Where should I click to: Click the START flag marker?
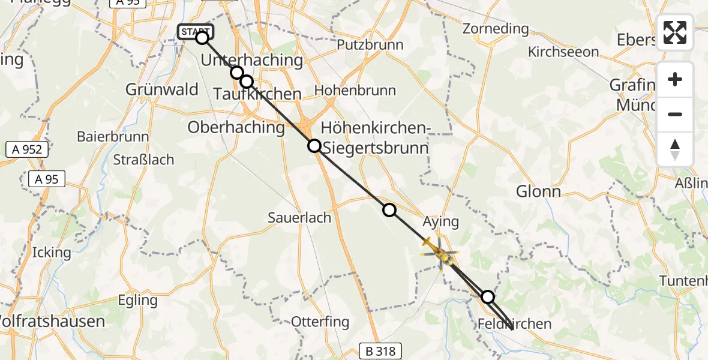click(195, 31)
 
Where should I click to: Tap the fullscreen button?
click(675, 32)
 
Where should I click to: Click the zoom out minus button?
click(675, 115)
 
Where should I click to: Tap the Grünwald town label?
click(162, 90)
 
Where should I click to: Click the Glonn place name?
click(538, 192)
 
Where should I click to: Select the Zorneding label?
click(496, 29)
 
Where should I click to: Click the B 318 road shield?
click(380, 351)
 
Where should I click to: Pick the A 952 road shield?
click(28, 149)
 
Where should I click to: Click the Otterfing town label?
click(320, 322)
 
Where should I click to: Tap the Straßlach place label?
click(143, 160)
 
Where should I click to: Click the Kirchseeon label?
click(563, 52)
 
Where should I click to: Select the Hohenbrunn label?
click(355, 91)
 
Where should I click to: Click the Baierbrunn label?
click(113, 136)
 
